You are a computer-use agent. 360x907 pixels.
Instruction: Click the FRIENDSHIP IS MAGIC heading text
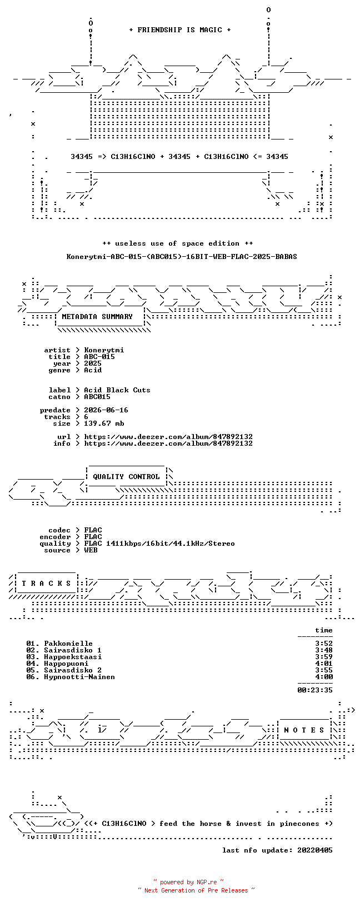(x=180, y=30)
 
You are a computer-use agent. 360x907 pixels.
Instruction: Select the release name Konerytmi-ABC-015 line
(x=182, y=257)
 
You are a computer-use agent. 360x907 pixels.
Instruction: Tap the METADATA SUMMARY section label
(x=97, y=317)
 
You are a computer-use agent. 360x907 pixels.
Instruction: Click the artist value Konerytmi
(x=104, y=350)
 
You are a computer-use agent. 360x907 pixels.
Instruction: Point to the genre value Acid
(x=93, y=370)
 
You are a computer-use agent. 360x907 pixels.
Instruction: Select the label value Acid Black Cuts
(x=117, y=390)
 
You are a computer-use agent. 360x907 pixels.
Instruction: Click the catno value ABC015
(x=97, y=397)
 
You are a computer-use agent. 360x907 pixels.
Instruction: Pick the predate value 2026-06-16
(x=106, y=410)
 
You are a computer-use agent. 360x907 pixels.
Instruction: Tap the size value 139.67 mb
(x=104, y=423)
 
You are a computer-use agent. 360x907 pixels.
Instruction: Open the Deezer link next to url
(x=168, y=437)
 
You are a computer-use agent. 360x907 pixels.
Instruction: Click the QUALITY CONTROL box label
(x=126, y=477)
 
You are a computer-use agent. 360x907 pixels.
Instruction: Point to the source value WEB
(x=91, y=550)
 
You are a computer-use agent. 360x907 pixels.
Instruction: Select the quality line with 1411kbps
(x=159, y=544)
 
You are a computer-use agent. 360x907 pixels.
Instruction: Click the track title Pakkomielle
(x=68, y=644)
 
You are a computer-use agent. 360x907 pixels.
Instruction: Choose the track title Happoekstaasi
(x=73, y=657)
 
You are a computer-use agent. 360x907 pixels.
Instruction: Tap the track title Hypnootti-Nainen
(x=79, y=677)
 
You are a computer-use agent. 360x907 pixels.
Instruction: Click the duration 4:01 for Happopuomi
(x=324, y=664)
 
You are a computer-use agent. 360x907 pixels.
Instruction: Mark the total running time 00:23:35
(x=315, y=690)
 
